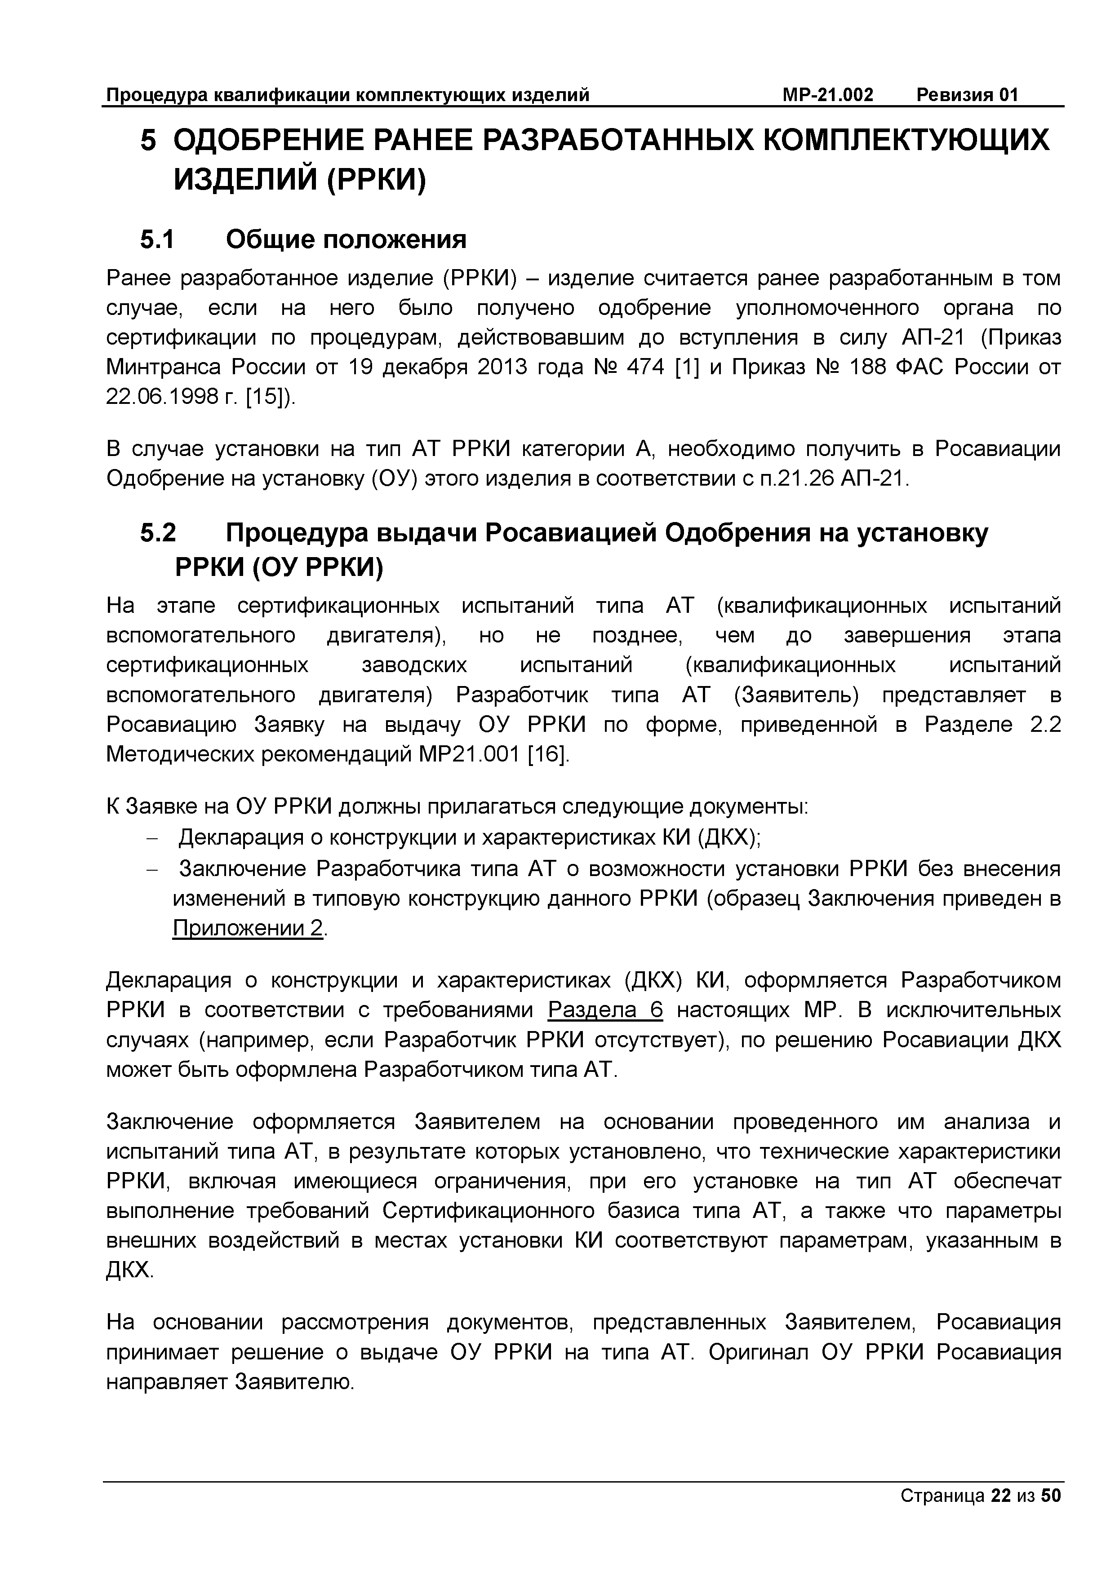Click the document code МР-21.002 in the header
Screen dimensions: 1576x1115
coord(827,95)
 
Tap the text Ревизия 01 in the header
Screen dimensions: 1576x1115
coord(968,95)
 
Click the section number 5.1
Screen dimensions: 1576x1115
coord(158,239)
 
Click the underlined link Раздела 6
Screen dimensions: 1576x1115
coord(605,1010)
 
